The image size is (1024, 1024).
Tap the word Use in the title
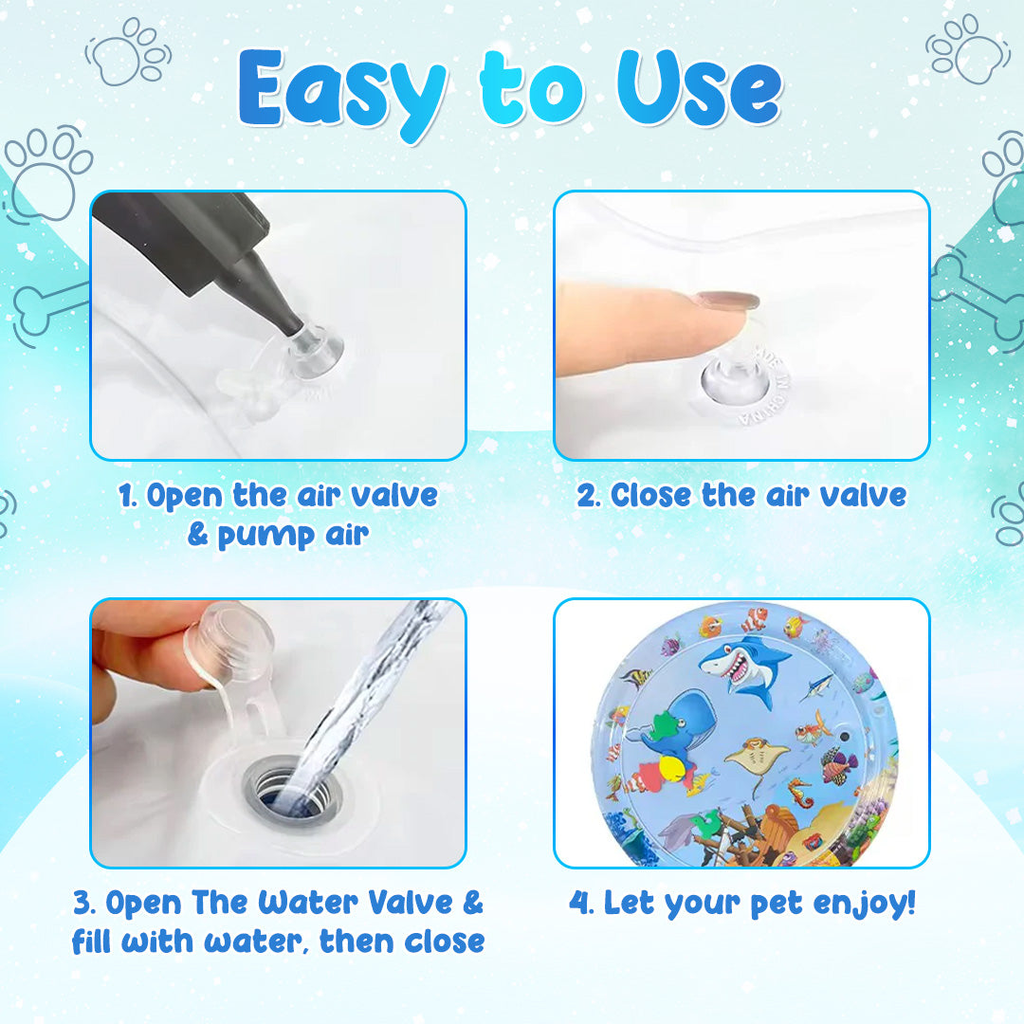699,88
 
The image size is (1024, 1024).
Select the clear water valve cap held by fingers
229,643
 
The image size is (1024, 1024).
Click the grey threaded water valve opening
292,789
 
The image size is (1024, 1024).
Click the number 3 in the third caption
82,904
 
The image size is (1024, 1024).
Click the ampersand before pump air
197,534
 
